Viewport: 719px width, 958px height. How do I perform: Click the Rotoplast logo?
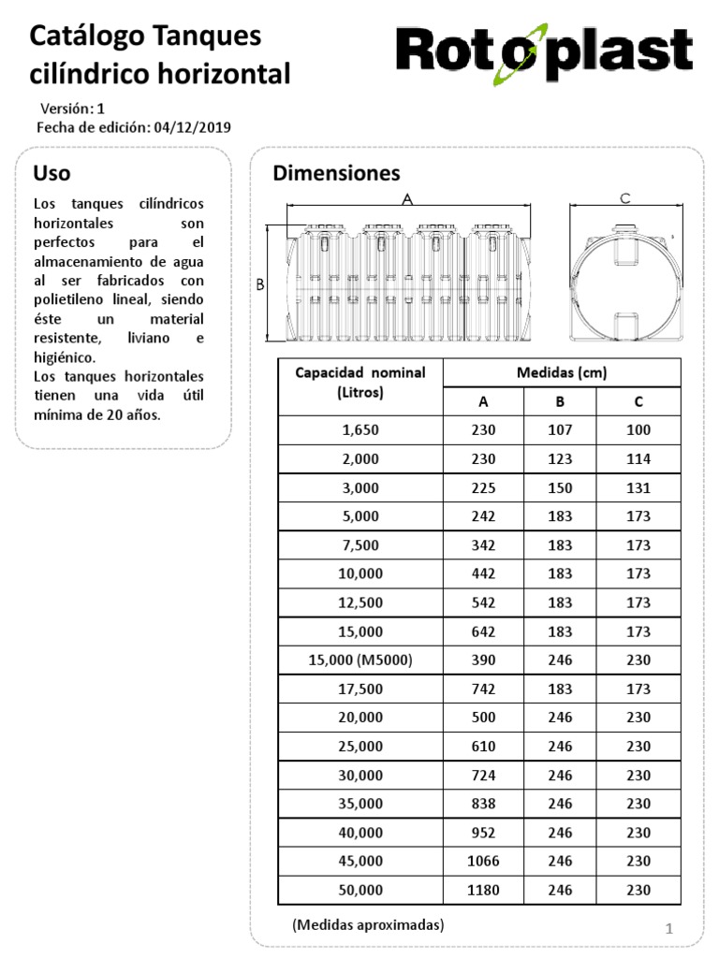543,54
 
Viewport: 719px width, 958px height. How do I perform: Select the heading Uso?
51,173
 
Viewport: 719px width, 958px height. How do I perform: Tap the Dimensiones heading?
336,173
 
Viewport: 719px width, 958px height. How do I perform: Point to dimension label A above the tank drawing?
407,199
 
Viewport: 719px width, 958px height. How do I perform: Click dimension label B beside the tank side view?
261,284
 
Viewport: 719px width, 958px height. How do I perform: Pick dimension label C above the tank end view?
625,198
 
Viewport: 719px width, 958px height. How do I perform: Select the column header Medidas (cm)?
562,372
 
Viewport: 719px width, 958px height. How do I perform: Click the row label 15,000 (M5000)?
360,660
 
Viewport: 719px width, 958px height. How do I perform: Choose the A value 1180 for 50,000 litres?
483,890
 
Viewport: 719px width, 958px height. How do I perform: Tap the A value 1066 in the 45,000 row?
483,861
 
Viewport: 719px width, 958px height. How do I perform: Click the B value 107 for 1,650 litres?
561,430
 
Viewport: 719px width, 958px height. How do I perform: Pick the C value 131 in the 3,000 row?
638,487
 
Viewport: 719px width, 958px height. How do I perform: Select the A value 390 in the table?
483,660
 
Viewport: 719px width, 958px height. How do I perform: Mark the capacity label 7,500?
360,544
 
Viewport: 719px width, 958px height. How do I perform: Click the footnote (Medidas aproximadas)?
368,924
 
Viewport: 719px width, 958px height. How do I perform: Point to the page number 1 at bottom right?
669,928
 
